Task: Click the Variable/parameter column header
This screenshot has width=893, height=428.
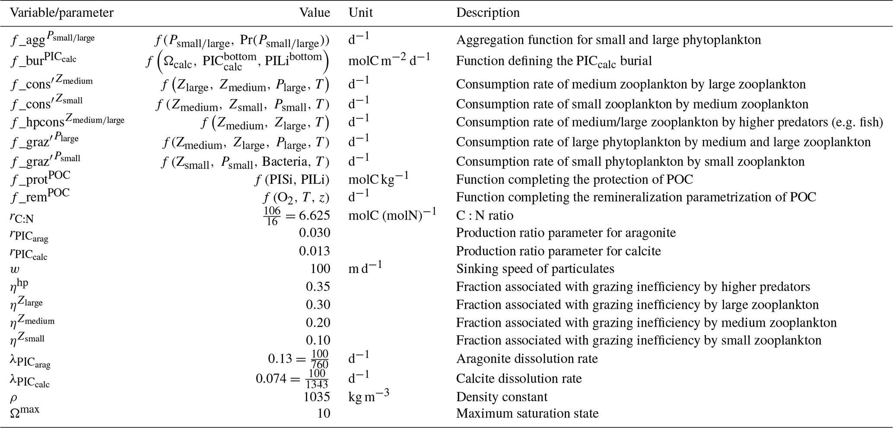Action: tap(61, 13)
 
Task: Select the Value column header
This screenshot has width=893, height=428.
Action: tap(315, 13)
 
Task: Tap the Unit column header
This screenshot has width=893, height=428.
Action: tap(360, 13)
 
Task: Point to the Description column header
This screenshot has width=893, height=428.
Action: tap(488, 13)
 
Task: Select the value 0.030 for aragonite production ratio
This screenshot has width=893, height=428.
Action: tap(315, 233)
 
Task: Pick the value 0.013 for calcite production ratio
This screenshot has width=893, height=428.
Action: tap(315, 251)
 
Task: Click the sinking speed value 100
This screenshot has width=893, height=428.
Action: tap(320, 269)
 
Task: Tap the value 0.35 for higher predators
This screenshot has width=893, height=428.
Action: tap(318, 287)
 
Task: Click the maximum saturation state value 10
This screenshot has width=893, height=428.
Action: tap(324, 414)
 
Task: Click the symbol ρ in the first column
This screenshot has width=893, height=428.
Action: tap(14, 398)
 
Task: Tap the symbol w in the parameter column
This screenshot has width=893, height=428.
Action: tap(15, 269)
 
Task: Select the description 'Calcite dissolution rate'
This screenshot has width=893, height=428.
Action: tap(519, 379)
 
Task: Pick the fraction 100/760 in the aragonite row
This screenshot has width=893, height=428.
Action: tap(320, 359)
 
